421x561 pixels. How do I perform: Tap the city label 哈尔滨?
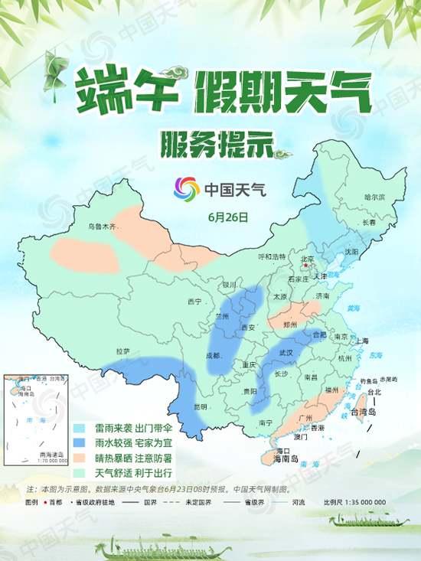point(375,197)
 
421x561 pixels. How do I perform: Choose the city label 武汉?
point(286,353)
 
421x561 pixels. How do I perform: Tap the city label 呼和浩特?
point(271,256)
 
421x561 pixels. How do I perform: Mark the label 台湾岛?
point(364,412)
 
